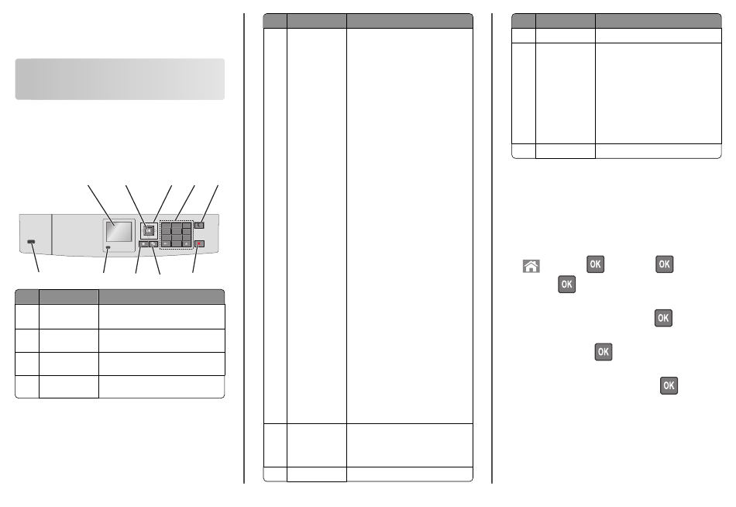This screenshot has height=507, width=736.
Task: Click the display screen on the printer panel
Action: click(x=119, y=232)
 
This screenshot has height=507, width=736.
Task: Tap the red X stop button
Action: click(x=199, y=244)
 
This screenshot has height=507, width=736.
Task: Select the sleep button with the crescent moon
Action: click(x=199, y=226)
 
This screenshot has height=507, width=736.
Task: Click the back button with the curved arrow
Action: click(x=153, y=244)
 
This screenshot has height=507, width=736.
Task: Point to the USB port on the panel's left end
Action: click(x=31, y=242)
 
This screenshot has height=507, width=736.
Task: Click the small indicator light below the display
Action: click(x=109, y=247)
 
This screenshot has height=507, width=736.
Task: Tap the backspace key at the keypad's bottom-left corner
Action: click(x=166, y=244)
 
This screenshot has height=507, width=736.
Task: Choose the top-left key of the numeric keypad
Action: click(x=166, y=226)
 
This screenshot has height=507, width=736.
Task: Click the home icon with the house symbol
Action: click(x=531, y=266)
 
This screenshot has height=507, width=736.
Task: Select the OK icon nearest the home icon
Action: click(x=595, y=264)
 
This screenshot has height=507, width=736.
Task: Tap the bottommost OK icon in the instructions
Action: click(x=669, y=385)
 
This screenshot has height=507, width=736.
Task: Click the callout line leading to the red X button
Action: click(x=196, y=258)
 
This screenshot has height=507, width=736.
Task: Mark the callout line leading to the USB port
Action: click(x=35, y=257)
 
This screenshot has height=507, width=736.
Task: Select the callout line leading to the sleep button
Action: click(x=209, y=205)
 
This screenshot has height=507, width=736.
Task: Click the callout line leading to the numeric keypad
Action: click(x=185, y=203)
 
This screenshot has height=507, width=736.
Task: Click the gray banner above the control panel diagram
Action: click(x=119, y=79)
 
